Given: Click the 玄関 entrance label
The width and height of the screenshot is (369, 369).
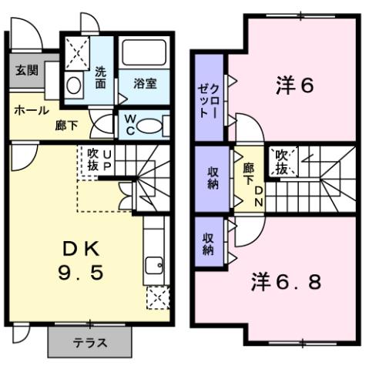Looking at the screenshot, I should point(26,71).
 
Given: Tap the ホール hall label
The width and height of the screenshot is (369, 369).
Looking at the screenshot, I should point(29,110).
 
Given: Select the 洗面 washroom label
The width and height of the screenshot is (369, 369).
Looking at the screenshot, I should point(100,78).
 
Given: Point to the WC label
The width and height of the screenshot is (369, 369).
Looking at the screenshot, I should point(129,123).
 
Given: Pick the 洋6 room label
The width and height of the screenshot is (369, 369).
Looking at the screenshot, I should point(294,86).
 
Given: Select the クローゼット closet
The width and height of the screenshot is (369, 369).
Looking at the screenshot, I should point(209,98).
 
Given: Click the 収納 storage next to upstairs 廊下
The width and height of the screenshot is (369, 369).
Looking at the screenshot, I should point(212,178).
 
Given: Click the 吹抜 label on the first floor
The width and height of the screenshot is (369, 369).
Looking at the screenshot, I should point(93,159).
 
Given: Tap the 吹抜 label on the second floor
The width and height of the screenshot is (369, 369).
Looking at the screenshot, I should point(282,161).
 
